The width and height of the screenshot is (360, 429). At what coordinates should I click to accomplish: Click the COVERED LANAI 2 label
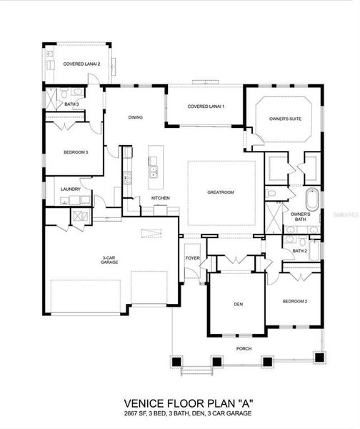pos(81,64)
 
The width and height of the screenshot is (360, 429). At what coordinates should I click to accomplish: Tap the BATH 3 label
pos(71,104)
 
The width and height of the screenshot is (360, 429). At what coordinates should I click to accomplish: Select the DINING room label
pos(136,117)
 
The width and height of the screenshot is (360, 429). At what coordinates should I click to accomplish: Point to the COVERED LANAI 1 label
pos(206,107)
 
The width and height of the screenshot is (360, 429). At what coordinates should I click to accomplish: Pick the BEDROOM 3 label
pos(76,152)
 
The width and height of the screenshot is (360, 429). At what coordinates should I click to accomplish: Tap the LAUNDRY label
pos(71,189)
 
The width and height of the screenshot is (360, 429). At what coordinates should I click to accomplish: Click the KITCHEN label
pos(160,198)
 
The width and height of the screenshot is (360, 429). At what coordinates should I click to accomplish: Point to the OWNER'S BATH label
pos(300,217)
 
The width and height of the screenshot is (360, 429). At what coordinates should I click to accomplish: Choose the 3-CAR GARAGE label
pos(109,260)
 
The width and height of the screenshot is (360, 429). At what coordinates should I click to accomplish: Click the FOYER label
pos(192,258)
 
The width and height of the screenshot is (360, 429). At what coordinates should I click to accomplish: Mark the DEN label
pos(239,304)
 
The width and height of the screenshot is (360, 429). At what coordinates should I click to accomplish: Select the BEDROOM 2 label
pos(295,302)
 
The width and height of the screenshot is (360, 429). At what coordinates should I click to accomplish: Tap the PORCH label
pos(244,349)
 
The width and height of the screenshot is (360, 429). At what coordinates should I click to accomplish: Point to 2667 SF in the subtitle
pos(131,413)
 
